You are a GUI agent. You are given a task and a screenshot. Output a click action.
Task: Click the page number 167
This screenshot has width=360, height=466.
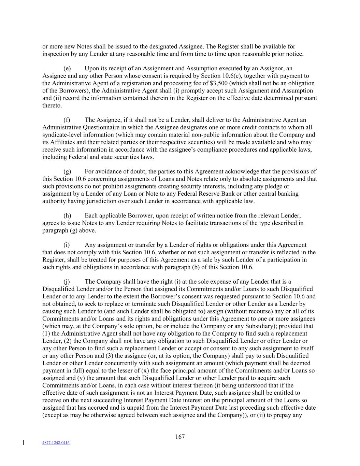[x=180, y=437]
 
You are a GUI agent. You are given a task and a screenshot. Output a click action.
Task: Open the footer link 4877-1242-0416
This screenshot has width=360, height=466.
[x=56, y=443]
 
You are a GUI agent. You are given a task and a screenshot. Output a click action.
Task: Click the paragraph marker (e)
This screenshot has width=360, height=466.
[x=67, y=69]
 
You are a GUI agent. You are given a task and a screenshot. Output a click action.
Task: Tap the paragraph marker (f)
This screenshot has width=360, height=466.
[x=67, y=120]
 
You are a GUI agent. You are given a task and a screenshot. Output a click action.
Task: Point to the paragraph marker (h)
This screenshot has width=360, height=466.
[x=67, y=216]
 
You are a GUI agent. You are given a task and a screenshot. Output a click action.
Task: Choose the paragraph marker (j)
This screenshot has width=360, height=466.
[x=67, y=282]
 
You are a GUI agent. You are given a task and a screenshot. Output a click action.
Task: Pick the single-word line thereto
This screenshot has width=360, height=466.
[x=52, y=105]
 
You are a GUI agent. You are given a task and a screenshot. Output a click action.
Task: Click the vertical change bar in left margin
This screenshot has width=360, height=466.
[x=23, y=443]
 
